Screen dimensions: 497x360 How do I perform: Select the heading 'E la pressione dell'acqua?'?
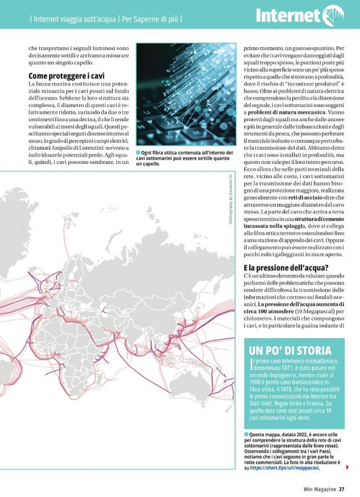pos(285,268)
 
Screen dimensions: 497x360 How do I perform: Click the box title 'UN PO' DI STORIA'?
pos(290,350)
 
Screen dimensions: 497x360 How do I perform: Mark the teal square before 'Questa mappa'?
pos(246,434)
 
